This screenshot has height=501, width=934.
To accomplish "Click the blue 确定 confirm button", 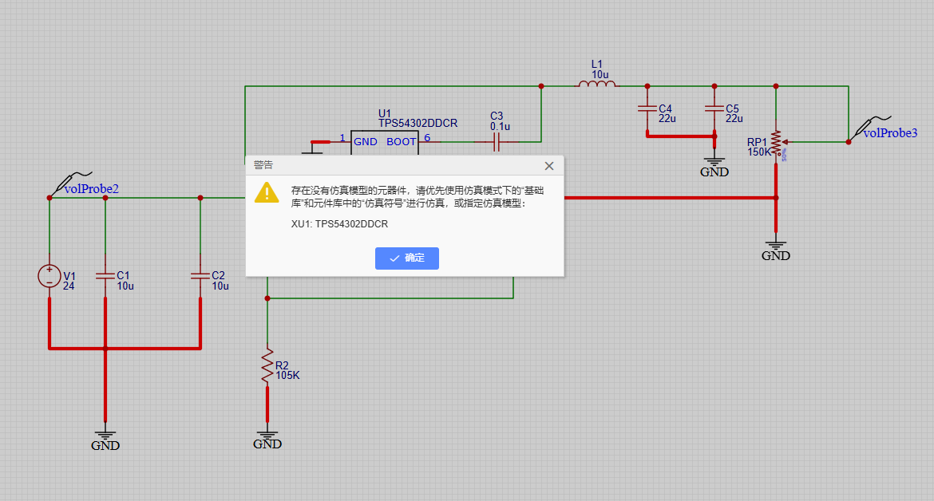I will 406,258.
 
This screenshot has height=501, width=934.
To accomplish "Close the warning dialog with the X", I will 548,166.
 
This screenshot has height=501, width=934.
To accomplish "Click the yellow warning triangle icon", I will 267,192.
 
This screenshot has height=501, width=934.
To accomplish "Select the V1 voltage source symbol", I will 49,276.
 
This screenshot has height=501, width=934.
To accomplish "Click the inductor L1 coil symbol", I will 598,83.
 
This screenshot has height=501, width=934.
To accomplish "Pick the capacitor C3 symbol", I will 497,142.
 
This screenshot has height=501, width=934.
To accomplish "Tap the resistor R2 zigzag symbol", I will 267,367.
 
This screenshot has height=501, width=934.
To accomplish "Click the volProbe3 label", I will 890,133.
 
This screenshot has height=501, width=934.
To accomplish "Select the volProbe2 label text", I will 92,189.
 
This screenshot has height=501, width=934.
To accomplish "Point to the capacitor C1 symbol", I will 105,275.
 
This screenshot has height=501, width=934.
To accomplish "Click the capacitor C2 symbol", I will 200,275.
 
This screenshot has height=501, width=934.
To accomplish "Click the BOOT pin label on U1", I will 401,141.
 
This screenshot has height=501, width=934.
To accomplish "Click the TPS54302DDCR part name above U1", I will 418,124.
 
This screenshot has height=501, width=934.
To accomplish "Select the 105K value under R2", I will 287,376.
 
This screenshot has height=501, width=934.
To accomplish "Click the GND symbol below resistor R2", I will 267,440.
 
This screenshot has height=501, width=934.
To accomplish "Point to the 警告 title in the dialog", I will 263,165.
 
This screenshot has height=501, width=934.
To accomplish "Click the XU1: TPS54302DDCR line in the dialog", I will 339,224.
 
